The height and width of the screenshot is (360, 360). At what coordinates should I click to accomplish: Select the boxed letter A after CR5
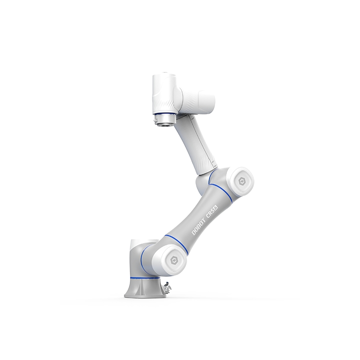click(216, 207)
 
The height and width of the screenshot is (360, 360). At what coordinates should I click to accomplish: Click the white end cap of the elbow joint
click(241, 182)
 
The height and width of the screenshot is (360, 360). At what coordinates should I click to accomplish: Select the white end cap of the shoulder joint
click(173, 260)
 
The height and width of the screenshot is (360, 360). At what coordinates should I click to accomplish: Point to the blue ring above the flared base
click(145, 278)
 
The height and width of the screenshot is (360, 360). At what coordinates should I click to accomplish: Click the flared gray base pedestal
click(145, 288)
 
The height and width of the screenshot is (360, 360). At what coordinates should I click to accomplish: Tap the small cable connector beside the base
click(168, 287)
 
